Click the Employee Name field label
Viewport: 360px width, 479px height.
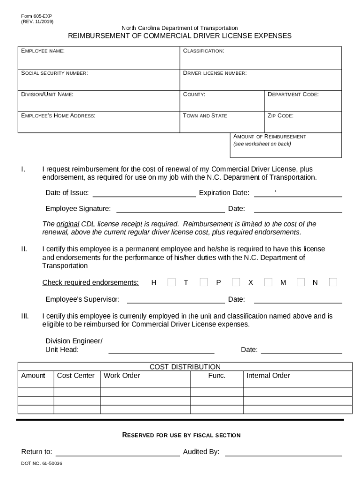click(x=43, y=51)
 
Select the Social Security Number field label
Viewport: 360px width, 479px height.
click(x=54, y=73)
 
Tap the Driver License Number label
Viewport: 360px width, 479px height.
click(x=215, y=73)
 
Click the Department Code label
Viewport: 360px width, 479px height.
click(x=293, y=94)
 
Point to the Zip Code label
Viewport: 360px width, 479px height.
click(x=281, y=116)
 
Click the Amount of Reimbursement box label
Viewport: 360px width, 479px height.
click(x=270, y=137)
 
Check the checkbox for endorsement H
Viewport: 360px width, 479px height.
click(x=172, y=282)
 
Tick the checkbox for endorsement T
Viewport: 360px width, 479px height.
click(x=203, y=282)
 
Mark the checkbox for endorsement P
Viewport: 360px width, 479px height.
click(x=236, y=282)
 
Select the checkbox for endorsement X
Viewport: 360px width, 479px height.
click(x=268, y=282)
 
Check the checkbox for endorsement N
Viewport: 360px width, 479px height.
click(x=333, y=282)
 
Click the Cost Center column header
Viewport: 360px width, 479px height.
click(x=76, y=376)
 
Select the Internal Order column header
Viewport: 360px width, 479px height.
click(x=268, y=376)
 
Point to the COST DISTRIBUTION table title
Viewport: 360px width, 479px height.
click(x=185, y=367)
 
